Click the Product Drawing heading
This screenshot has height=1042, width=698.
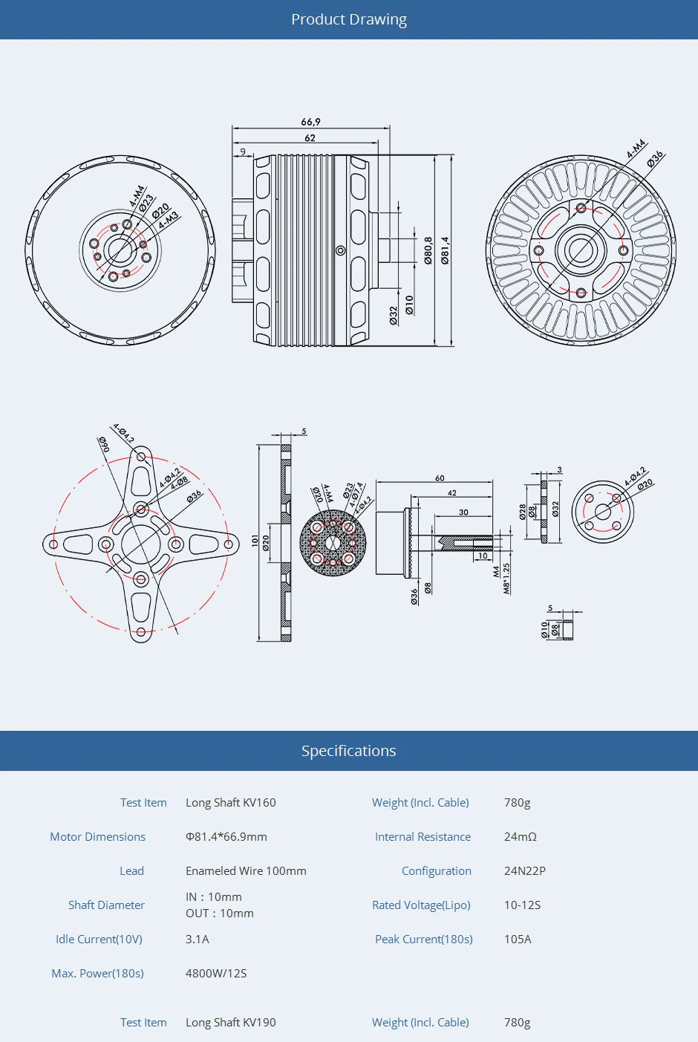348,19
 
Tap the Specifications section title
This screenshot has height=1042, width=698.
348,751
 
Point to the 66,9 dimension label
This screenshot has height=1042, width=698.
310,122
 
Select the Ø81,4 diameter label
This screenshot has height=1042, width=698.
445,250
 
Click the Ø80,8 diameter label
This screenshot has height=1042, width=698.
428,250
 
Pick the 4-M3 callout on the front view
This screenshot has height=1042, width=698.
169,220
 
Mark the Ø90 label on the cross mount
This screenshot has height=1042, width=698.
104,444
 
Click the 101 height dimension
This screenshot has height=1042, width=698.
255,541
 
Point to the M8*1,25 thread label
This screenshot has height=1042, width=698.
506,578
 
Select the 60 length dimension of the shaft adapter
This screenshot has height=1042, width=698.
440,478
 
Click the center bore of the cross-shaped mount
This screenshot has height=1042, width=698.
141,544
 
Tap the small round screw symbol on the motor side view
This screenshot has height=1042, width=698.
341,250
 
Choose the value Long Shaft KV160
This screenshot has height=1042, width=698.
230,803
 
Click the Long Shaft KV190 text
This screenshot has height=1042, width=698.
230,1023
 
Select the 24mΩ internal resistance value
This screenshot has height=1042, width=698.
520,837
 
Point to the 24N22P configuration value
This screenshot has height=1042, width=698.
524,871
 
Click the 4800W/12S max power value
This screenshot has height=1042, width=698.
216,974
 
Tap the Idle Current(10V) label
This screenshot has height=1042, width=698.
99,940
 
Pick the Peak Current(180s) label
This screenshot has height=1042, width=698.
423,940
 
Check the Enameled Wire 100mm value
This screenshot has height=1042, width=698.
246,871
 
